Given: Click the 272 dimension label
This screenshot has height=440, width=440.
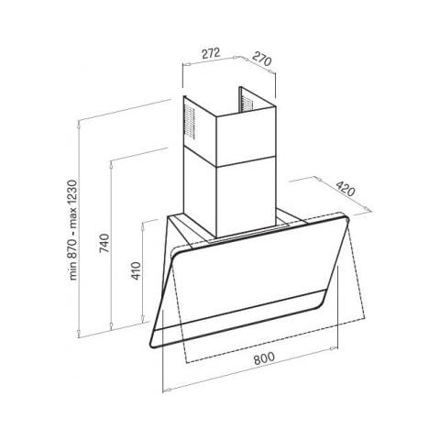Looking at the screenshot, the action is (x=211, y=53).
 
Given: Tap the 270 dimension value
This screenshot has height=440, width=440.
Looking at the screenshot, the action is (x=262, y=59).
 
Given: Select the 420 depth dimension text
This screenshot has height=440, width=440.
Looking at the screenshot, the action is (x=346, y=189).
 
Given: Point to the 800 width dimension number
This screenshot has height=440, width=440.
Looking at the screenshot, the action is (x=264, y=358).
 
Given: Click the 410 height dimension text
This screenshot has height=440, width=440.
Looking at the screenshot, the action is (x=136, y=270).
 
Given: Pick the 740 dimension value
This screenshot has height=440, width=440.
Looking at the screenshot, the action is (x=104, y=243).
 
